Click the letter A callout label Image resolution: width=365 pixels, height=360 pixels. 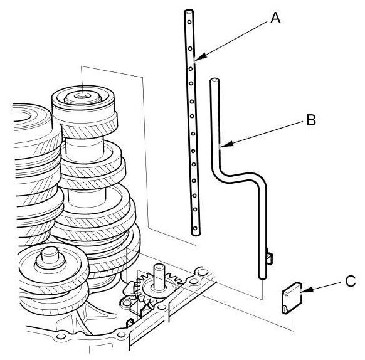(275, 18)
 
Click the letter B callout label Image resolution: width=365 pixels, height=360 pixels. (311, 120)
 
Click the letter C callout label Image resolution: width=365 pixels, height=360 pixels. (351, 281)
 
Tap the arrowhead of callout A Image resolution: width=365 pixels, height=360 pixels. (201, 57)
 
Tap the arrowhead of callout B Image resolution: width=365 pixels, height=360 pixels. (226, 144)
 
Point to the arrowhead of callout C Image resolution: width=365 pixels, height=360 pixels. (306, 290)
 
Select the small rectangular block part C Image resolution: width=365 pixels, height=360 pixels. (292, 298)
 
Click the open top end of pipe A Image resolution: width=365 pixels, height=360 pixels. (188, 11)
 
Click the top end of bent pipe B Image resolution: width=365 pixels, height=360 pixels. (214, 80)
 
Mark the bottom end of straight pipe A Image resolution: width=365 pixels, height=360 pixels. (196, 234)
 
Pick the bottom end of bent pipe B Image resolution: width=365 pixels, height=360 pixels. (263, 277)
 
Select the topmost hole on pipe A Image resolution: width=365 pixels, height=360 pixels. (189, 22)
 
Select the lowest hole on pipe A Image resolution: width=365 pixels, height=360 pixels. (196, 228)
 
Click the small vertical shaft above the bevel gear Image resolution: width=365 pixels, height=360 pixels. (159, 277)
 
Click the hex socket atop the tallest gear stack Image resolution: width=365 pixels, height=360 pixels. (83, 96)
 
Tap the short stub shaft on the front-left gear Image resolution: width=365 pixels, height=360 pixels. (50, 256)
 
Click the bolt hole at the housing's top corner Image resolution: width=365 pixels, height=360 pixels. (204, 272)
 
